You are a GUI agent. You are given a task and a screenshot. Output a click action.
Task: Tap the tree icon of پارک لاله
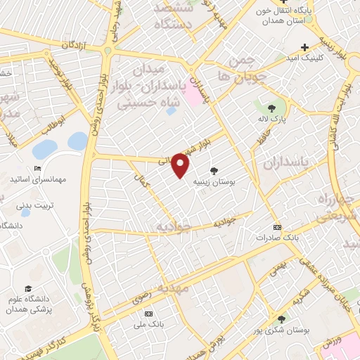(271, 108)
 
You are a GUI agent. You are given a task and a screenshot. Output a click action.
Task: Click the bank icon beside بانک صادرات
(277, 227)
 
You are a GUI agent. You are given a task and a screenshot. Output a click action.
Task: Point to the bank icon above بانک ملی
(148, 313)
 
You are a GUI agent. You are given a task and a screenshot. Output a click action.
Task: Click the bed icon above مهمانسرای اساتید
(37, 168)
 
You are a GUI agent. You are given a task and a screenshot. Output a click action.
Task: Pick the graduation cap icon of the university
(27, 289)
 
